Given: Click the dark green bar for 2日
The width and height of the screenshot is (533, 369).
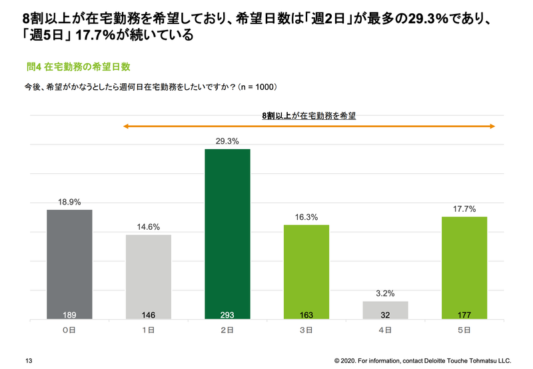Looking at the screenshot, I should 227,233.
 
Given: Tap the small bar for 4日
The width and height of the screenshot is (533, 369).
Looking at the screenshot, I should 385,310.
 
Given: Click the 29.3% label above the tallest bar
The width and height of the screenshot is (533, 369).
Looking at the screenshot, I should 227,141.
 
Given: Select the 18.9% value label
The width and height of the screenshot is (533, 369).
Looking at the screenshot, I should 69,202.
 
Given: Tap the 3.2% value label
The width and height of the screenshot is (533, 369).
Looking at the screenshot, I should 385,293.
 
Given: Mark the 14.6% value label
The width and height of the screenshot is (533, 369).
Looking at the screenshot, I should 148,226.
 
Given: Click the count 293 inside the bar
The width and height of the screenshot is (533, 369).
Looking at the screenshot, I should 227,314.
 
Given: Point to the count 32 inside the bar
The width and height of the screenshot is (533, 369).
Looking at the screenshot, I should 385,314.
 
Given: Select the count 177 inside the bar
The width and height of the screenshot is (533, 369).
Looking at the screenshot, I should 464,314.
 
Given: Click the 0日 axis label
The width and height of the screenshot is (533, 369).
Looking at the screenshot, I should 69,329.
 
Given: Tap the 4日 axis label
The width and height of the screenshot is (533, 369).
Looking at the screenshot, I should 385,329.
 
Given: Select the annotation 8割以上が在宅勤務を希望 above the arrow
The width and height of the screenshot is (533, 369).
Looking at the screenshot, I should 308,115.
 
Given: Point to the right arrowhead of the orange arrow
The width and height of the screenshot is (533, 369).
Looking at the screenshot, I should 491,125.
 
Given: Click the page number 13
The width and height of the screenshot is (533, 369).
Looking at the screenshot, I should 29,360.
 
